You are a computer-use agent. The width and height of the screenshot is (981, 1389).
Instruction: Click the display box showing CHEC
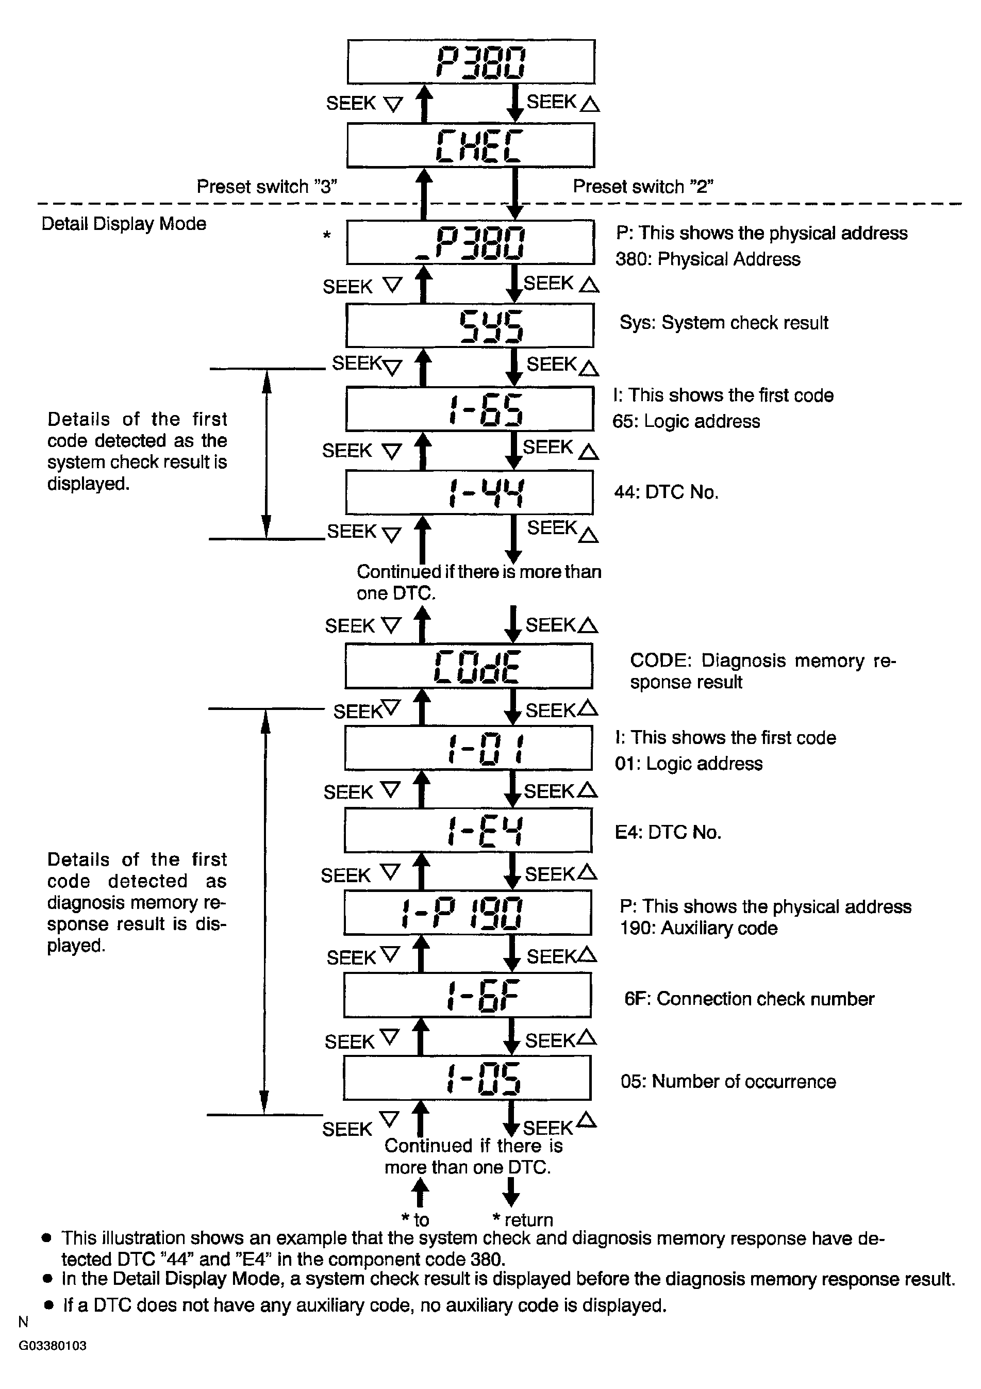[471, 145]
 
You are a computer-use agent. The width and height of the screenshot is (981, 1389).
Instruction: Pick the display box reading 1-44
[469, 492]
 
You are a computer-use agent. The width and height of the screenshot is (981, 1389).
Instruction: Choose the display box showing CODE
[469, 666]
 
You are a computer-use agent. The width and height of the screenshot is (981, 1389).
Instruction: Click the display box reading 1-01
[468, 748]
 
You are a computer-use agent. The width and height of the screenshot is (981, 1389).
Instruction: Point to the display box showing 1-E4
[468, 831]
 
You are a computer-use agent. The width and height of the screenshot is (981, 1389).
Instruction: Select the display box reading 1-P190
[468, 913]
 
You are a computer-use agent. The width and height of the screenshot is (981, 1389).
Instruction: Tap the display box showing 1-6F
[468, 996]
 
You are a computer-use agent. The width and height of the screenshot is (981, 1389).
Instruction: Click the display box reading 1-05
[467, 1078]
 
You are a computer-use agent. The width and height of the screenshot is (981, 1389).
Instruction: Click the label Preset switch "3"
[267, 187]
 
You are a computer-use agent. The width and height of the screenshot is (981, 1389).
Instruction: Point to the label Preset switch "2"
[643, 187]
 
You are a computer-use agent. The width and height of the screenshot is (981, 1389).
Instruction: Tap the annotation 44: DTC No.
[666, 492]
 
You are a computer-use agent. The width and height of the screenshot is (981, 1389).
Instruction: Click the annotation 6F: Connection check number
[749, 999]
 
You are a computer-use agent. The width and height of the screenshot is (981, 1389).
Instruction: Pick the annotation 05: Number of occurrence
[727, 1082]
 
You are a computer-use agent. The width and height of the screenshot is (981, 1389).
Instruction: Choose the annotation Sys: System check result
[723, 323]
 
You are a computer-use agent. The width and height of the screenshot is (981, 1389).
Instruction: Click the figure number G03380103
[53, 1346]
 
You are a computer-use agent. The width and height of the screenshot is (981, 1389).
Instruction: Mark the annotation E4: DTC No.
[668, 833]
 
